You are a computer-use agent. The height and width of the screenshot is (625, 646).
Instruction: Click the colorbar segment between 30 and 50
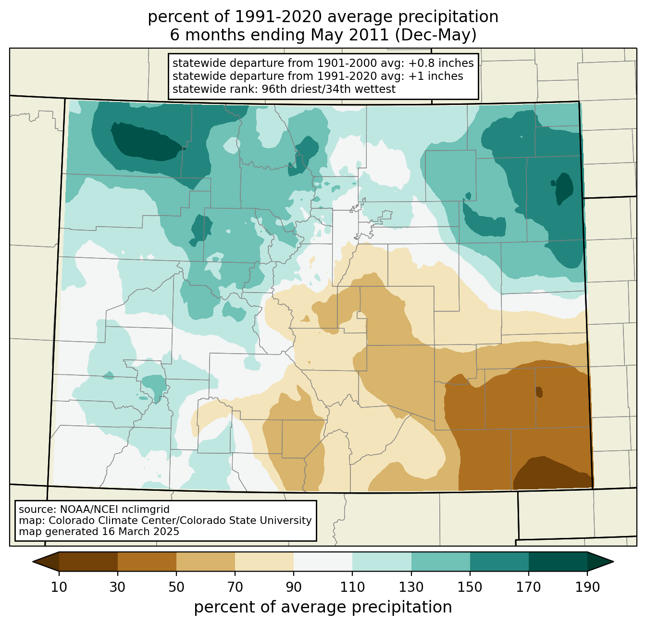147,562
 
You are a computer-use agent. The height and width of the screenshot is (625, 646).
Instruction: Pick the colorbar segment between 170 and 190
558,562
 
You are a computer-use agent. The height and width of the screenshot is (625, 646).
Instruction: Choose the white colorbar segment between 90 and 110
323,562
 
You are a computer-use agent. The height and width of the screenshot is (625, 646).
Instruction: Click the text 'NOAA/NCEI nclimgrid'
114,510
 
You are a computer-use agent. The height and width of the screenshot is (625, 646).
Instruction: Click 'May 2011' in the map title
349,35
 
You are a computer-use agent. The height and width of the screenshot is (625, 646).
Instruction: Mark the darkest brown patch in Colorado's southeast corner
553,473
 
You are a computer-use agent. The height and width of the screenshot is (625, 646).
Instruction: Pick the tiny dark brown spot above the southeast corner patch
539,392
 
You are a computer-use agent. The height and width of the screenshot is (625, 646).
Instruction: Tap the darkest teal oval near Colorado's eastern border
564,189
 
